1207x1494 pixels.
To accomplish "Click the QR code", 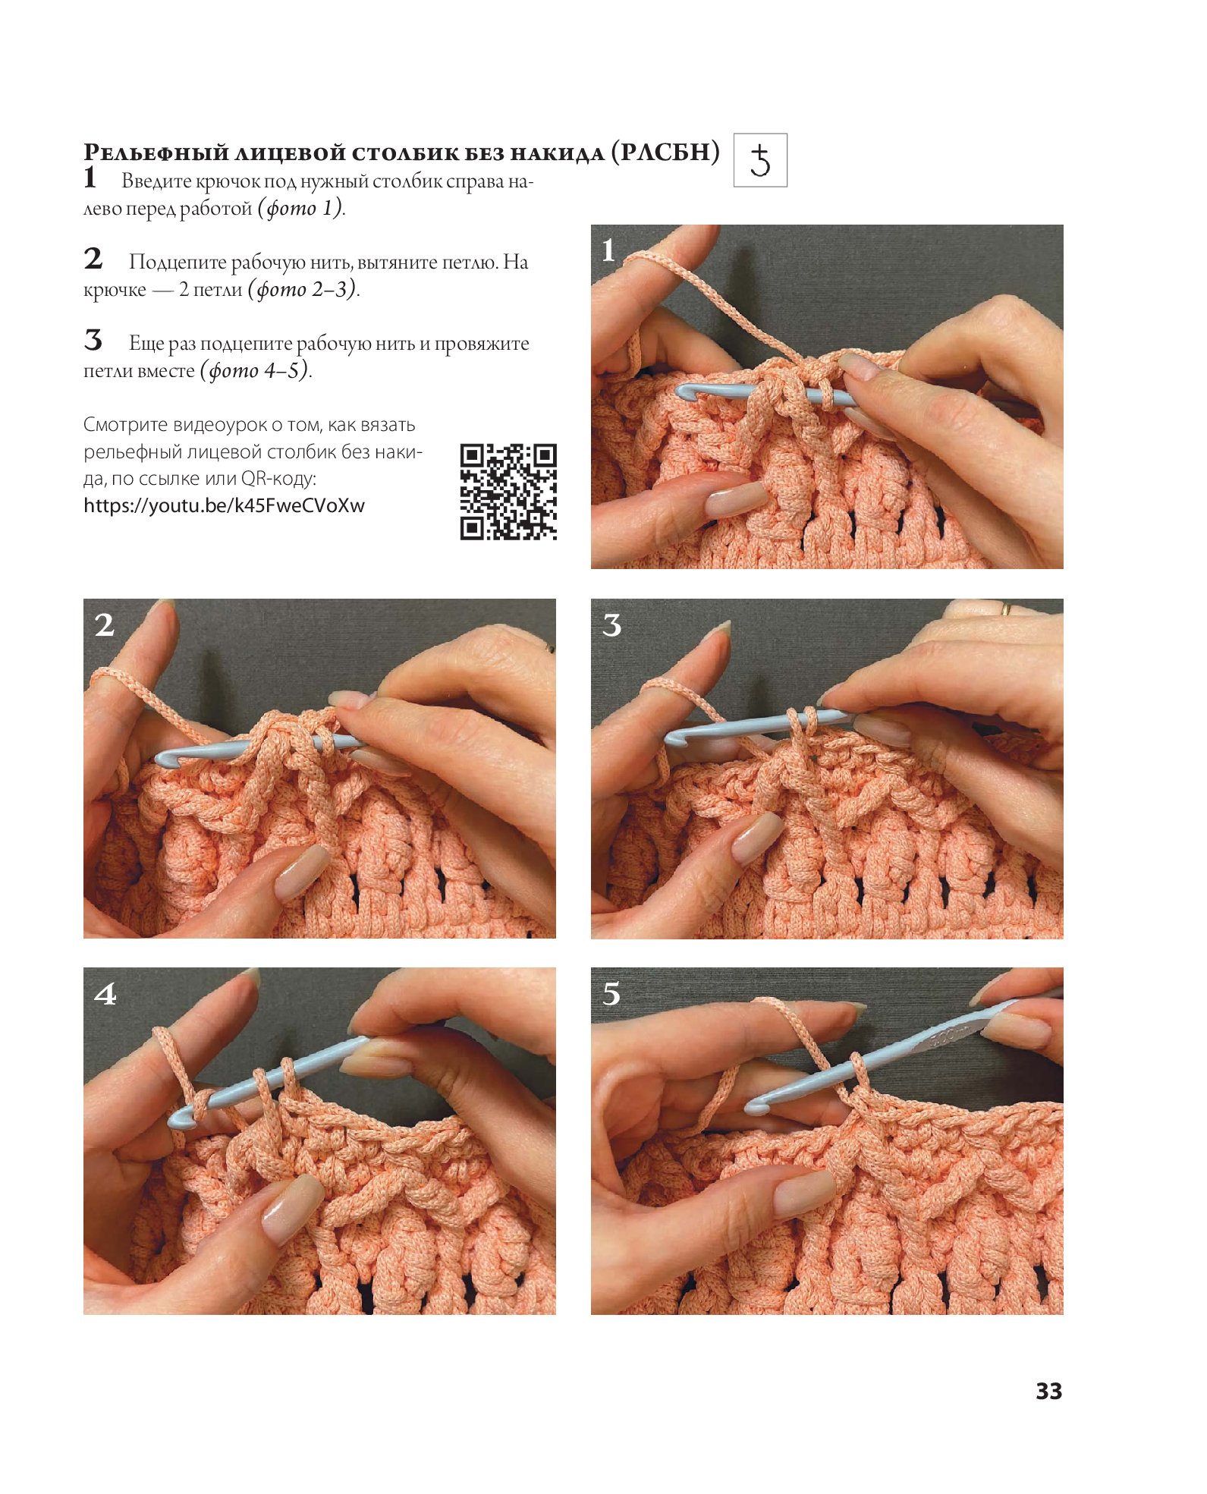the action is pyautogui.click(x=508, y=492).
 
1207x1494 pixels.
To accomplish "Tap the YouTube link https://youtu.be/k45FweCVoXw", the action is pyautogui.click(x=224, y=506).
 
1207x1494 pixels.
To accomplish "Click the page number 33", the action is pyautogui.click(x=1048, y=1391).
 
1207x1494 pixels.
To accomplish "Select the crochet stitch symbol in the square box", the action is pyautogui.click(x=760, y=161).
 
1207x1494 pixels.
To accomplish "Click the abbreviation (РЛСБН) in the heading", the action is pyautogui.click(x=665, y=153).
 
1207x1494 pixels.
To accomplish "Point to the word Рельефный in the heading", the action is pyautogui.click(x=156, y=153).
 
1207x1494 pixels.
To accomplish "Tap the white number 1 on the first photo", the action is pyautogui.click(x=608, y=250).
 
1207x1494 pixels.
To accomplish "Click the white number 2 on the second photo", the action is pyautogui.click(x=105, y=624).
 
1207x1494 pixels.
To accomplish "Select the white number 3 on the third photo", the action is pyautogui.click(x=611, y=625).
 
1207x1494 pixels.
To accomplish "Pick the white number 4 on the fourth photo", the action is pyautogui.click(x=105, y=994).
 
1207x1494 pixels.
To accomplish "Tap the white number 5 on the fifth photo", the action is pyautogui.click(x=611, y=994).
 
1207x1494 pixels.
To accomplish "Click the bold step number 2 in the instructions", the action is pyautogui.click(x=93, y=259).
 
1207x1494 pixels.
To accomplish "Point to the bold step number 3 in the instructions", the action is pyautogui.click(x=93, y=341).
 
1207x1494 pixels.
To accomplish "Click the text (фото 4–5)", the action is pyautogui.click(x=256, y=371).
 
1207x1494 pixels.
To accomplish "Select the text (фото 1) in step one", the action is pyautogui.click(x=301, y=208).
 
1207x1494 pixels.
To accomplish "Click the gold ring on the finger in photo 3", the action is pyautogui.click(x=1006, y=608).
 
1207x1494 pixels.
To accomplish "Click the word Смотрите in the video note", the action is pyautogui.click(x=125, y=425).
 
